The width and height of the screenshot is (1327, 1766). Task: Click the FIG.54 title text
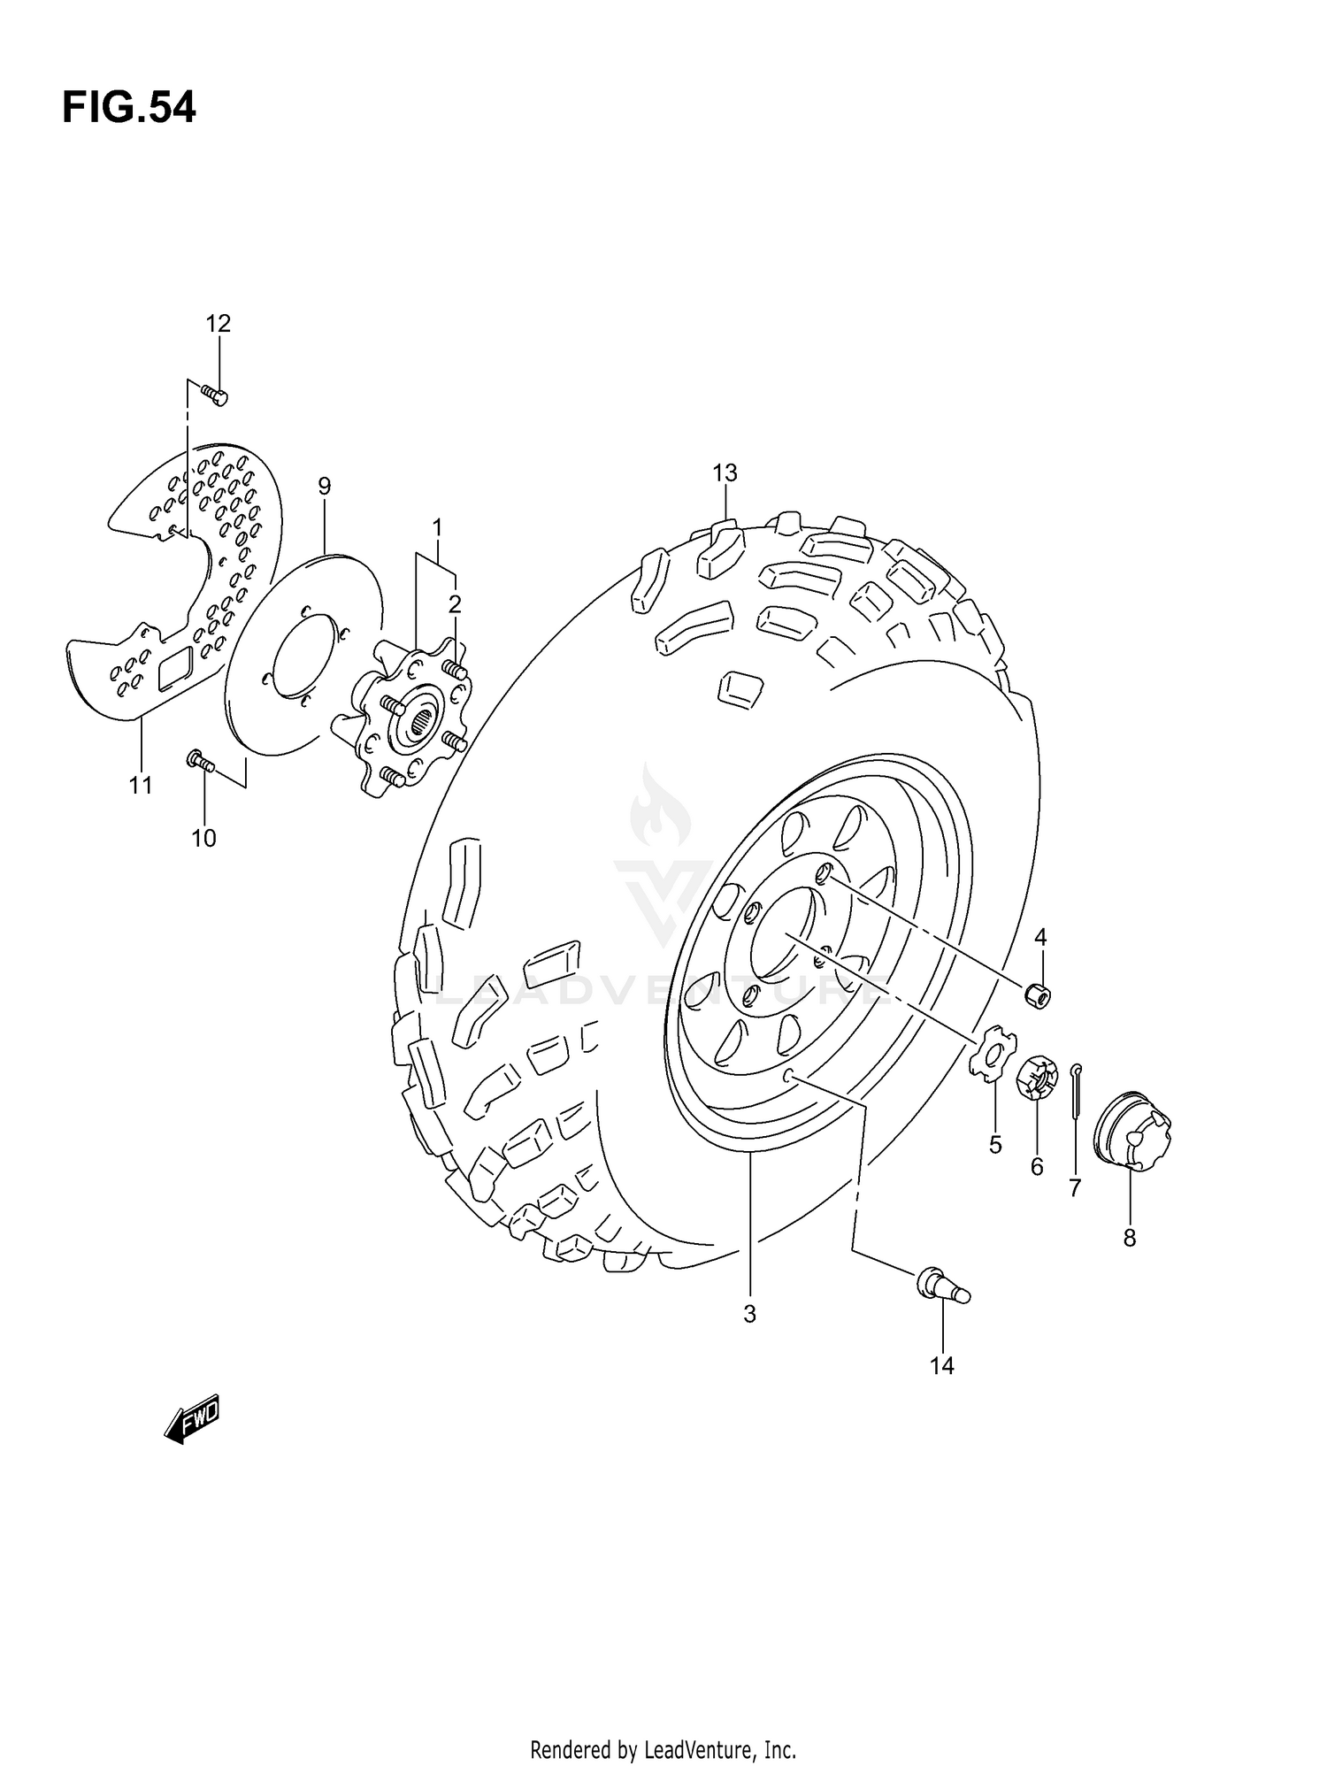pyautogui.click(x=129, y=108)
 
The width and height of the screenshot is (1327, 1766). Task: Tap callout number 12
pyautogui.click(x=218, y=324)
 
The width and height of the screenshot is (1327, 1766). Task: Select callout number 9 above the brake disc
pyautogui.click(x=325, y=486)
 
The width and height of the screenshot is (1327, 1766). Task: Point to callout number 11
pyautogui.click(x=141, y=785)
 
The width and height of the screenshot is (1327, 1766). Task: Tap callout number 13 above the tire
pyautogui.click(x=725, y=473)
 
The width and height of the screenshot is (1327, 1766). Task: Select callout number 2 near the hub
pyautogui.click(x=455, y=604)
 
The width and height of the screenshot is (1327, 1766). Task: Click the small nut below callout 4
pyautogui.click(x=1037, y=994)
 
